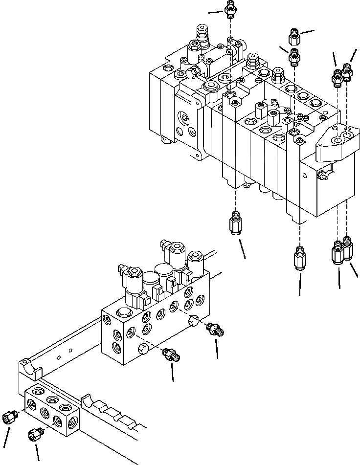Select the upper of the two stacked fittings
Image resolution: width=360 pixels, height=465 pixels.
tap(295, 35)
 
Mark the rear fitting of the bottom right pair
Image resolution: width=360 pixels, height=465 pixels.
tap(348, 246)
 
